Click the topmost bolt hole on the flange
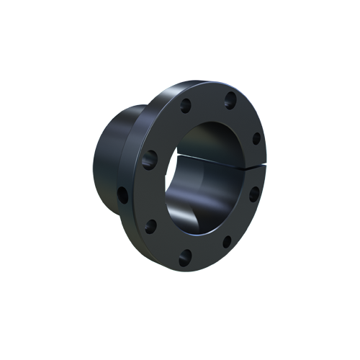pos(230,99)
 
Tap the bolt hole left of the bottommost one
pos(150,226)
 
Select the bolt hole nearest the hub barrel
pos(123,194)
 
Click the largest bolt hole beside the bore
pos(150,158)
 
